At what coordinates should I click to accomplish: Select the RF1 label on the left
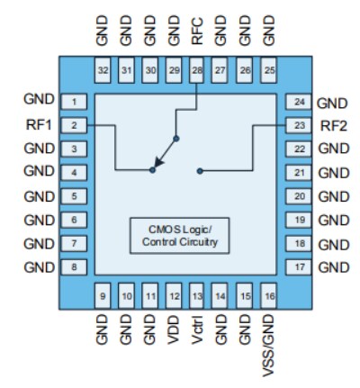(40, 125)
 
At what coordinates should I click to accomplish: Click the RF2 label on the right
(331, 125)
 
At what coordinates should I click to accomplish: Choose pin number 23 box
(298, 125)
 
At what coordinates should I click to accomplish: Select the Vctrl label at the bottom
(197, 331)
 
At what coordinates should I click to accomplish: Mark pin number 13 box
(197, 294)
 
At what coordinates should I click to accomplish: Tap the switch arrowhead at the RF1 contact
(155, 168)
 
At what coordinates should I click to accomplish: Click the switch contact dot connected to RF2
(200, 169)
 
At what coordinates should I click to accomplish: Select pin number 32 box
(103, 68)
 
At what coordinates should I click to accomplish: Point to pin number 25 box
(268, 68)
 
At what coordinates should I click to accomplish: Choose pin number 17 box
(298, 266)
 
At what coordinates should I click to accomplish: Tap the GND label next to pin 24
(332, 102)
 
